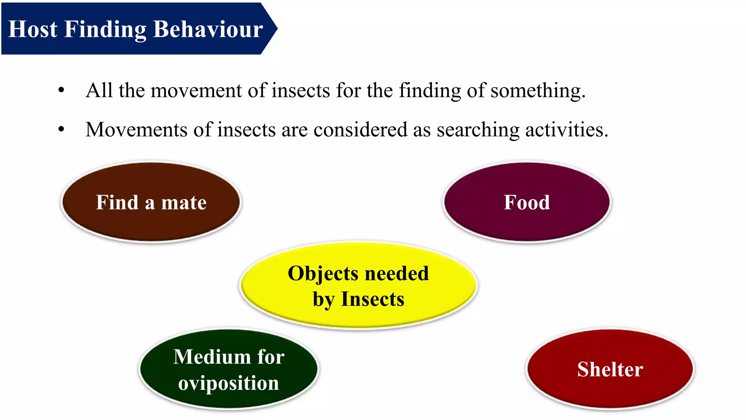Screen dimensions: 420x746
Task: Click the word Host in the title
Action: (33, 29)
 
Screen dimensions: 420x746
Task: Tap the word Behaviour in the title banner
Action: (208, 29)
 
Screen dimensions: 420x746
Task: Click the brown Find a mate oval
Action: (151, 202)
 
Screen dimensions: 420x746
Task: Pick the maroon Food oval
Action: (527, 202)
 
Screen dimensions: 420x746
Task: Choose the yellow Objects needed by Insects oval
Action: (358, 286)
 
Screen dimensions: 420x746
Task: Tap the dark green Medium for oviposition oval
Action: (229, 369)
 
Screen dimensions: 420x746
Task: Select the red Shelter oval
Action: (610, 369)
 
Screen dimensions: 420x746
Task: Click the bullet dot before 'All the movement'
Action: (61, 90)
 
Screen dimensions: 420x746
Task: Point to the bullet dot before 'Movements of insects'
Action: (61, 129)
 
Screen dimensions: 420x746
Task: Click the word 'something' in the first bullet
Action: (538, 91)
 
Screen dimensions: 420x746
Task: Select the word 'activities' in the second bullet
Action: (566, 129)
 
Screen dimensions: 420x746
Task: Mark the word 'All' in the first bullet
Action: (99, 90)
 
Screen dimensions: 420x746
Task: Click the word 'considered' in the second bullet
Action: (360, 129)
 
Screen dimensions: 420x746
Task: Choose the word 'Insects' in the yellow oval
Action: (372, 299)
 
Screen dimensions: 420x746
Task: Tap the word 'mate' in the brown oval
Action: (184, 203)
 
